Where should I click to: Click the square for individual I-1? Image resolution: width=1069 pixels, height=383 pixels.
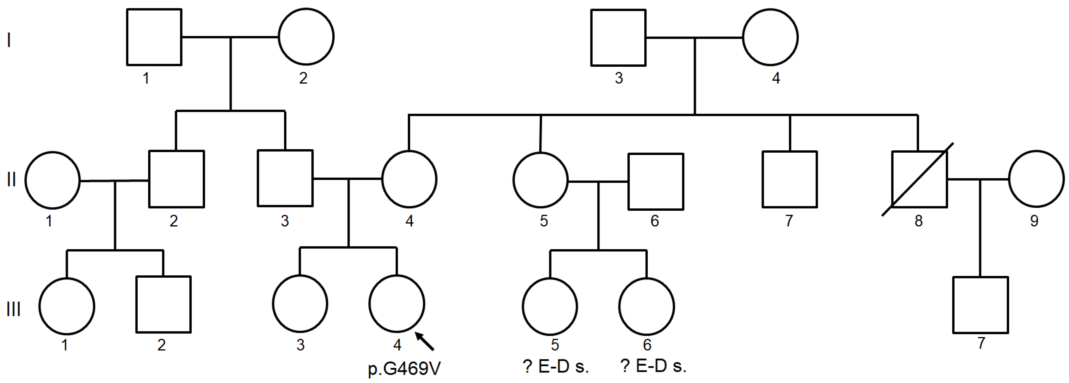click(154, 37)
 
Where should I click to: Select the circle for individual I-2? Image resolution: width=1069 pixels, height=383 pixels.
click(306, 37)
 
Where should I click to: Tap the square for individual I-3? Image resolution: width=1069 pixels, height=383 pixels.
click(618, 38)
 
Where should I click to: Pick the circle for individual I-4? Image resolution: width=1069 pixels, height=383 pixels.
click(770, 38)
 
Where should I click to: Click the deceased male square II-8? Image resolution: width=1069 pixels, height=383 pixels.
click(919, 179)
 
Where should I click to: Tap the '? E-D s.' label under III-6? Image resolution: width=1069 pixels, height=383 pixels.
click(653, 366)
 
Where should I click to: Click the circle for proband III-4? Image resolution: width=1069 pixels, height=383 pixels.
click(397, 304)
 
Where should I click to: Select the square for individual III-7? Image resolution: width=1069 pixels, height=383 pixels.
click(980, 305)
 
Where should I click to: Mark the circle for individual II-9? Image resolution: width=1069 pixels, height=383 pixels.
click(1036, 179)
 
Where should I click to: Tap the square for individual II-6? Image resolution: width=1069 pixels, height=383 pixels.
click(656, 182)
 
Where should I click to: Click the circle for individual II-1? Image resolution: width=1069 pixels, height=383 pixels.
click(52, 180)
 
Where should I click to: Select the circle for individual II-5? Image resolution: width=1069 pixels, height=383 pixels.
click(540, 180)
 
